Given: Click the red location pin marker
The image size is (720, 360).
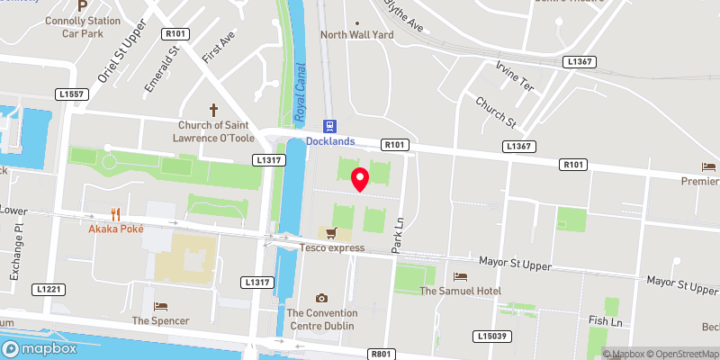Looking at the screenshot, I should click(360, 178).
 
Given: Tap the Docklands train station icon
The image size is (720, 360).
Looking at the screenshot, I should click(329, 126).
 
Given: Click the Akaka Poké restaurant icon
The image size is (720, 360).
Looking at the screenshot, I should click(115, 214).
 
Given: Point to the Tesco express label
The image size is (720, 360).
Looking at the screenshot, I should click(333, 247).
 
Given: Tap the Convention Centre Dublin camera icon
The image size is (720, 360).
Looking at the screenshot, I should click(321, 298).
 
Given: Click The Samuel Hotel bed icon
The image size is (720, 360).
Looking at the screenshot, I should click(461, 276).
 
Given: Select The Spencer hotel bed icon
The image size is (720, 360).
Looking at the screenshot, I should click(161, 306).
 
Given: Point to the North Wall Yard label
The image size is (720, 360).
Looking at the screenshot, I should click(357, 35).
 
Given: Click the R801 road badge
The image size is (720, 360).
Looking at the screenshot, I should click(382, 354).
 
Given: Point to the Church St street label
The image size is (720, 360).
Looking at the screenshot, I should click(495, 112).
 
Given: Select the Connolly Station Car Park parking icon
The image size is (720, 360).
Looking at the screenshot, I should click(82, 5).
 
